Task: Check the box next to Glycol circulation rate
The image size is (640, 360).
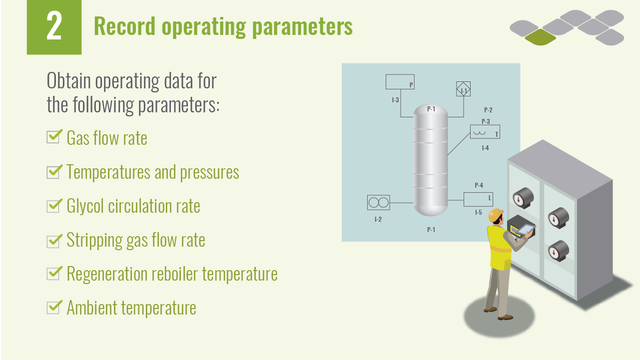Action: (53, 206)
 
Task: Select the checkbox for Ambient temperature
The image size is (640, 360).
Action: (53, 308)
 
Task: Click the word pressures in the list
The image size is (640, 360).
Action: (209, 172)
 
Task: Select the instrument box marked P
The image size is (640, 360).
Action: (401, 82)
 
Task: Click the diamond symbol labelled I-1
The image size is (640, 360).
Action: (463, 89)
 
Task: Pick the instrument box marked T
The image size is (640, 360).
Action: (485, 132)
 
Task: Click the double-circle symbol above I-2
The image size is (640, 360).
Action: (378, 202)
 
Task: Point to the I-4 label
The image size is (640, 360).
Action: (485, 148)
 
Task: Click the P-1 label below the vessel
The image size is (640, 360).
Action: (431, 230)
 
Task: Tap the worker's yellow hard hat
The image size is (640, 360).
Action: (496, 215)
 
